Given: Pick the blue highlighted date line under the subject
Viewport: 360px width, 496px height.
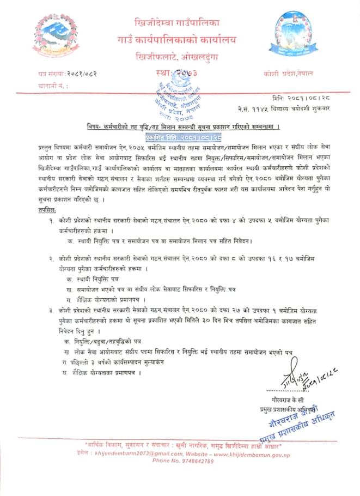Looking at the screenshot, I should [175, 138].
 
